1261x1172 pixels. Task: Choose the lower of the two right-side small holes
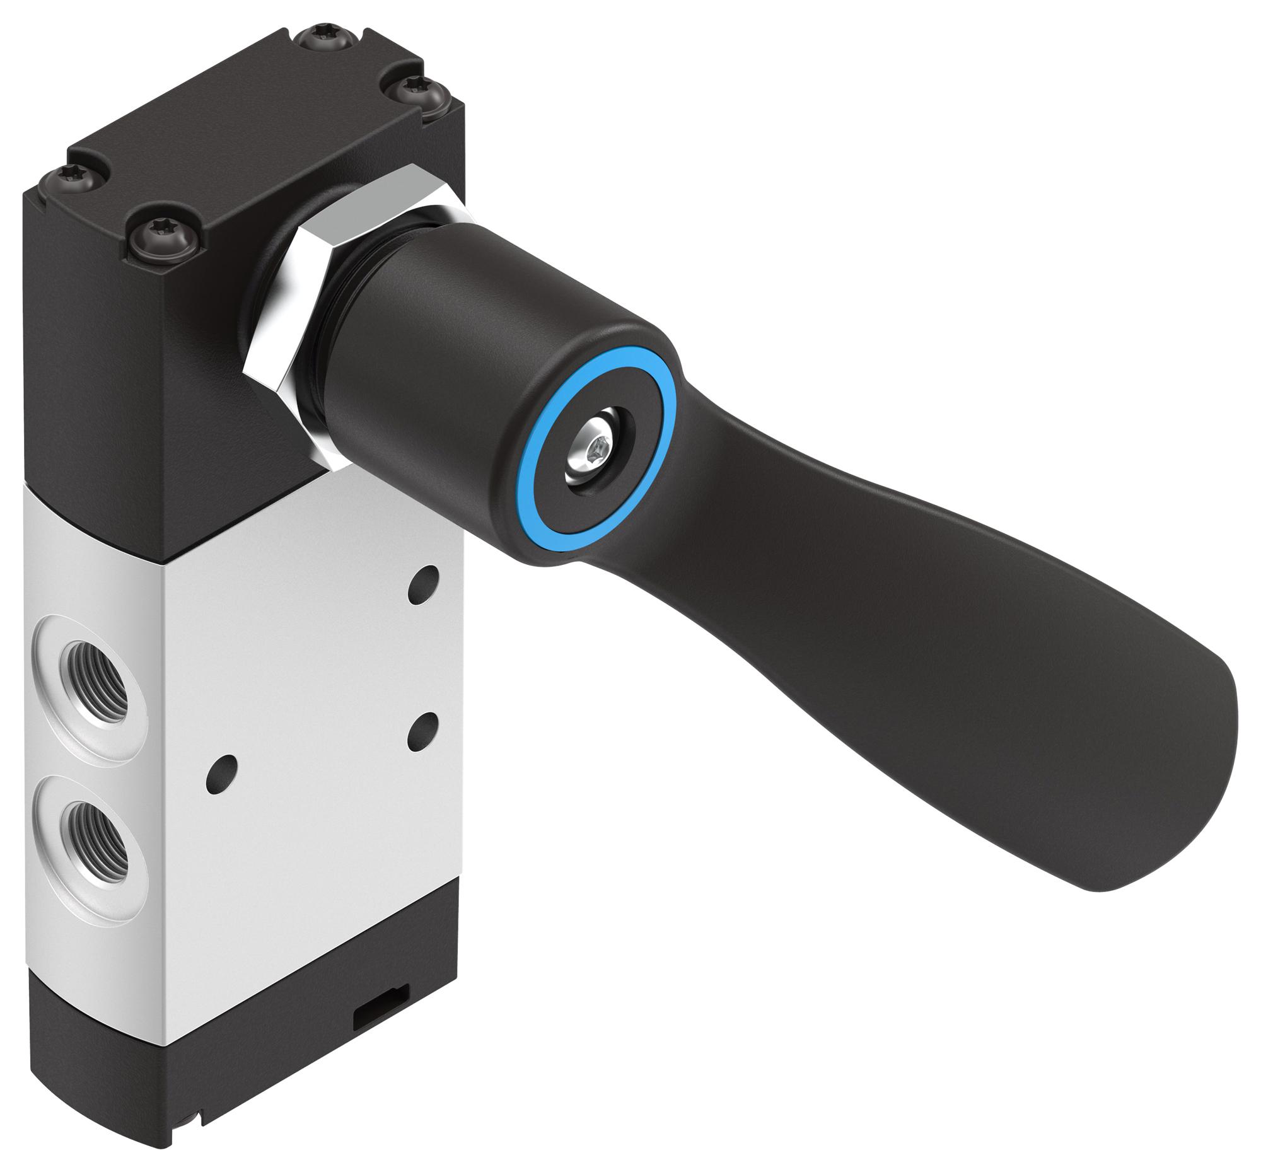(x=424, y=728)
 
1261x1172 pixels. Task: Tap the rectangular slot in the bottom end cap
(x=371, y=1002)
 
